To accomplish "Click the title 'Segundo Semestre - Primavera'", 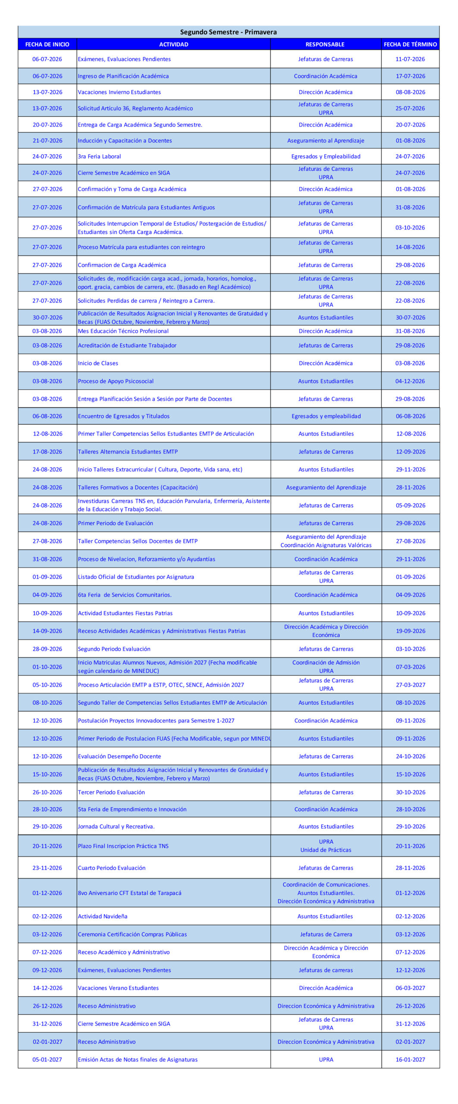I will (228, 32).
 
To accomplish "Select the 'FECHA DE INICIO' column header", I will (47, 44).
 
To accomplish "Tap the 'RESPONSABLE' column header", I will (325, 44).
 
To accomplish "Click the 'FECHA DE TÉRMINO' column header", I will (410, 44).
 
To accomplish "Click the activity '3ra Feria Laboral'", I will (99, 157).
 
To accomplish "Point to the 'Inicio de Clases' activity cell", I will (98, 363).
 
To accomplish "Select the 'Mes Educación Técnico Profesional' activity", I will (123, 331).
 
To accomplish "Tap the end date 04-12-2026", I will (410, 381).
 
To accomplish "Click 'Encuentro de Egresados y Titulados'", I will (124, 416).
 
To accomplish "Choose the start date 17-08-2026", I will (47, 452).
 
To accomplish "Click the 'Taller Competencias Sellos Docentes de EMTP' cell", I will (138, 541).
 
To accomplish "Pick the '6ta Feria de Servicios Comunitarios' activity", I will (125, 595).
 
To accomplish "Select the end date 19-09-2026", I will (411, 631).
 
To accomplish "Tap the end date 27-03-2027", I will (411, 684).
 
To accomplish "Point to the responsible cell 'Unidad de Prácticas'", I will (326, 850).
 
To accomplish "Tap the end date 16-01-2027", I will (411, 1059).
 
